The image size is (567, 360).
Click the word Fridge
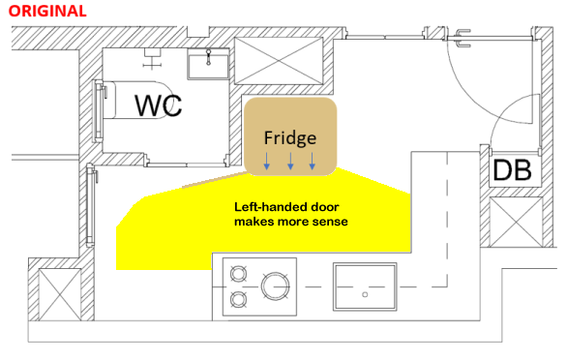point(291,137)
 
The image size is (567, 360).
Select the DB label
point(512,170)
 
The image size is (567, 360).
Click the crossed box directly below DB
point(510,222)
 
